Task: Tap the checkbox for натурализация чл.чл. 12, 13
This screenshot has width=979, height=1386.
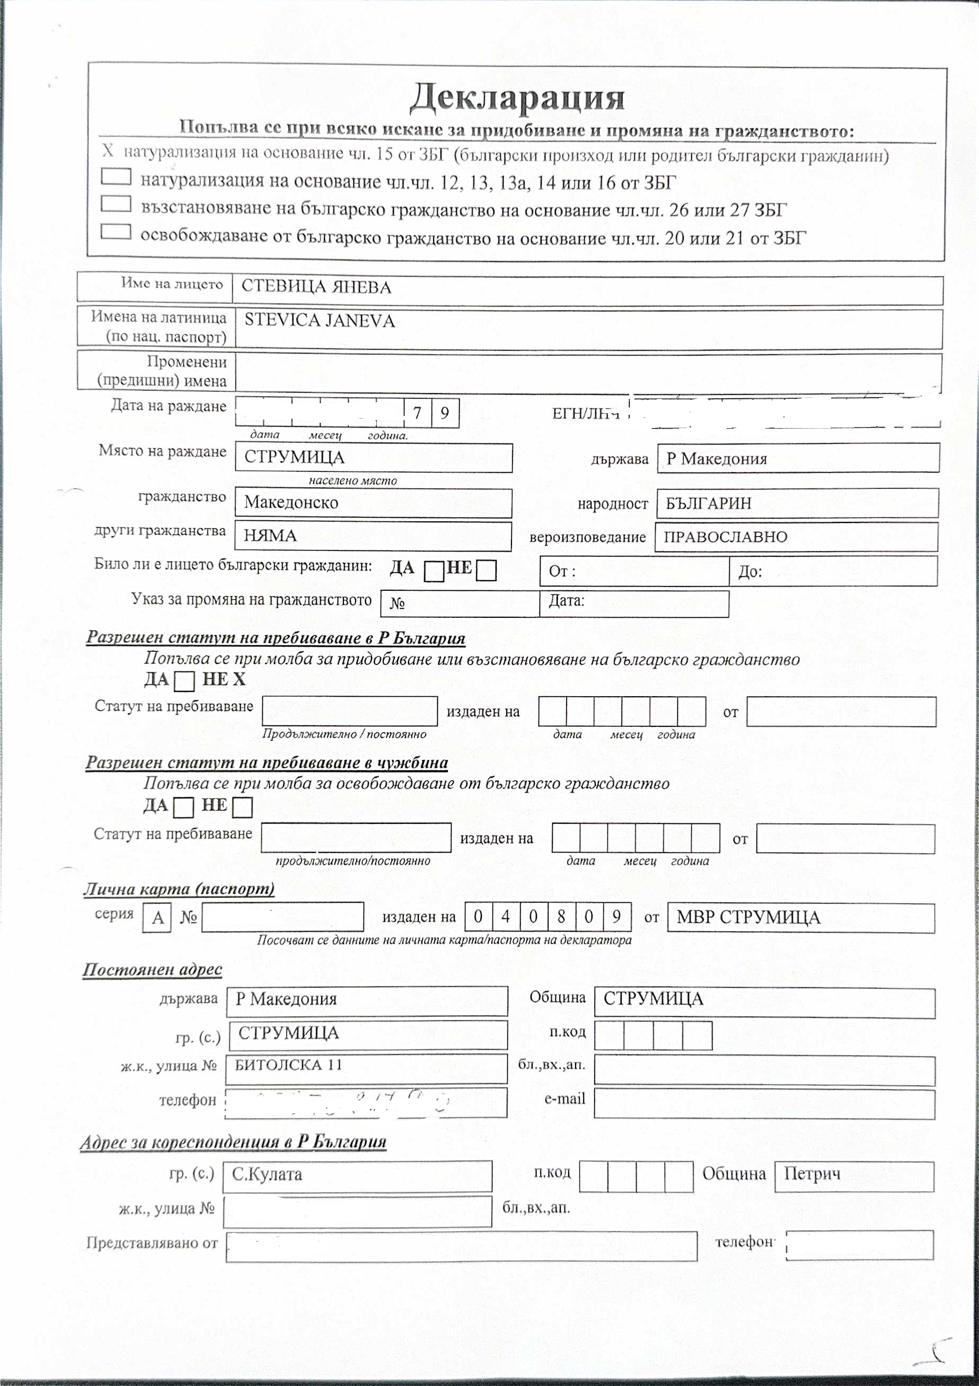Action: (116, 176)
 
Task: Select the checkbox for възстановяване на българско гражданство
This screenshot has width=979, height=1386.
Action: (116, 204)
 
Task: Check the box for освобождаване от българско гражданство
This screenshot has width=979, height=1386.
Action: (116, 232)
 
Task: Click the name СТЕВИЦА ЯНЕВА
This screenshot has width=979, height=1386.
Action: (316, 287)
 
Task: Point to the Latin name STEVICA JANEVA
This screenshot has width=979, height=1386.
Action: (320, 321)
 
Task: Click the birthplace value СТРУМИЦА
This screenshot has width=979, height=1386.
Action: (294, 457)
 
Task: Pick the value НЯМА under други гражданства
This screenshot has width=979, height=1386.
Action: (270, 536)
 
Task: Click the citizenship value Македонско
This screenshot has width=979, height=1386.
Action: (291, 502)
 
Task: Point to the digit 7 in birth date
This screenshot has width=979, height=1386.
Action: (417, 413)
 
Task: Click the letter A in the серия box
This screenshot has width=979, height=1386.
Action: (157, 918)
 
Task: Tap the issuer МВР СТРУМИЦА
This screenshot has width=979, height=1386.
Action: (748, 918)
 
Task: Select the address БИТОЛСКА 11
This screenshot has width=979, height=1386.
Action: (288, 1065)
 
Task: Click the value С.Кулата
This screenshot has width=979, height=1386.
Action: (267, 1174)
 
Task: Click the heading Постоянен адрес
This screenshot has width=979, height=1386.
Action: (152, 970)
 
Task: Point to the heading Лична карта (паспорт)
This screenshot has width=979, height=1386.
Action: (179, 889)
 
